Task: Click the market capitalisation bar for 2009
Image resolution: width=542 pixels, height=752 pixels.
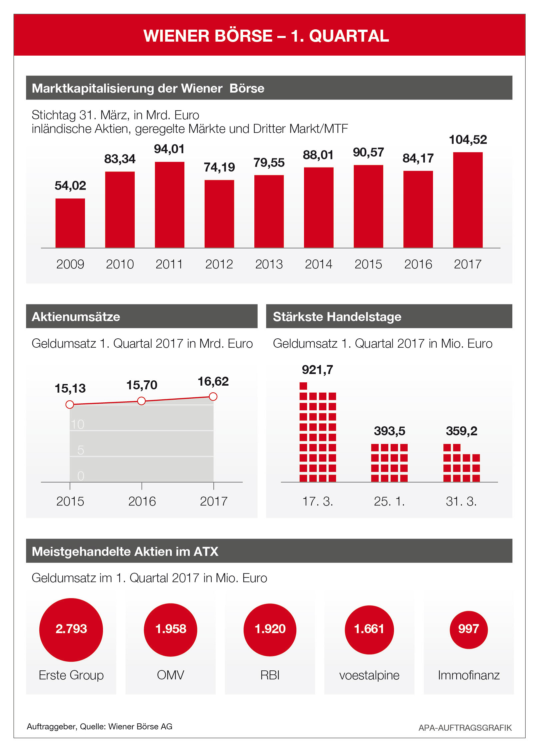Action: click(70, 223)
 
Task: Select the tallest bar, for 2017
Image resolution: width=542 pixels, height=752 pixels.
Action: click(468, 200)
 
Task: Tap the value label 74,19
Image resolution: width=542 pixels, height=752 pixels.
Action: click(219, 167)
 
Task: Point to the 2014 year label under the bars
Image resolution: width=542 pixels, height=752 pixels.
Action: click(318, 264)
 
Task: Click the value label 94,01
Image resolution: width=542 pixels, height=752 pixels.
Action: click(169, 149)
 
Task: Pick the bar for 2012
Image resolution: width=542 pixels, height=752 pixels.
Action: click(219, 214)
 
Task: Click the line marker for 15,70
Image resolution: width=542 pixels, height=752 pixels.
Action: click(141, 401)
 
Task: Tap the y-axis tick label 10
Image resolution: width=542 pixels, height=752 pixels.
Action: click(77, 424)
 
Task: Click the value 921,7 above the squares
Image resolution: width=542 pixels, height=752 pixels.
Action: click(317, 370)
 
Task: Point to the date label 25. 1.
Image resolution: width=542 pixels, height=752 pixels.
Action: click(389, 501)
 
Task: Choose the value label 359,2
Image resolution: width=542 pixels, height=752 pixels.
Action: click(461, 431)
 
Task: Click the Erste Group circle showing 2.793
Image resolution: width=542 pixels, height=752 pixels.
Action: click(71, 629)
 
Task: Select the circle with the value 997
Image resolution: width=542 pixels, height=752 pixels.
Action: click(468, 629)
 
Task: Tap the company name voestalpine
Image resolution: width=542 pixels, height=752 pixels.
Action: click(369, 675)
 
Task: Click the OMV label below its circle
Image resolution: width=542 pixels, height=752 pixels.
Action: click(170, 675)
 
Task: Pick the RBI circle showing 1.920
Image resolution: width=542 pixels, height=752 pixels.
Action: click(270, 629)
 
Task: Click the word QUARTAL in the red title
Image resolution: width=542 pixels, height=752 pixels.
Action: click(349, 36)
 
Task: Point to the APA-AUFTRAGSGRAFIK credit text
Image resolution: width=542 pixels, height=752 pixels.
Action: click(465, 728)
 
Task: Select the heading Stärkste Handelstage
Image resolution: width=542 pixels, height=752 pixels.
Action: click(337, 317)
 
